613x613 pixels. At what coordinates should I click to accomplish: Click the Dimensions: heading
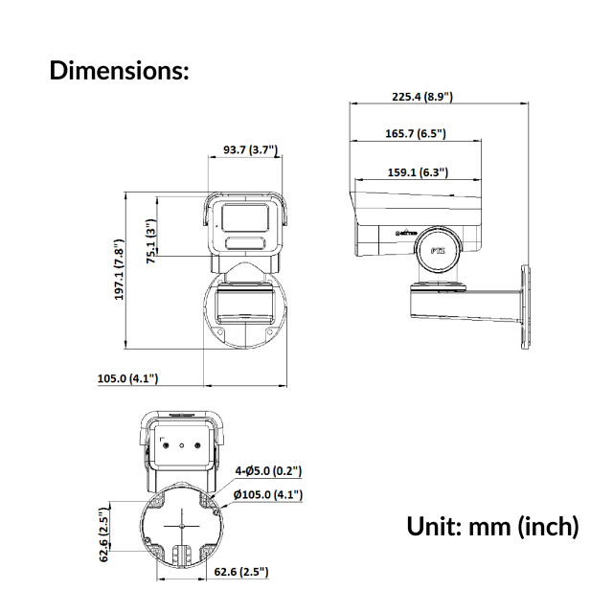pos(120,70)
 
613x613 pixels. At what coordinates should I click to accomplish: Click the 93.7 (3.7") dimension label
pos(250,150)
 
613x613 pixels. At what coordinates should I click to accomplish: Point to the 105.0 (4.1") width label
pos(127,378)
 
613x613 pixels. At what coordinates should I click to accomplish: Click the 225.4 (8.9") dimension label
pos(421,97)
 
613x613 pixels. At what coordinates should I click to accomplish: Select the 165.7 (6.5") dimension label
pos(415,134)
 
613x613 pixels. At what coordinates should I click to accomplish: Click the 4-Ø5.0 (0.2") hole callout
pos(269,471)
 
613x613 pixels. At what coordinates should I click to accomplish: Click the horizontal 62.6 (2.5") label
pos(240,572)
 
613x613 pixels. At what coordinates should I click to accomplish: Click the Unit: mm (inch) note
pos(492,526)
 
